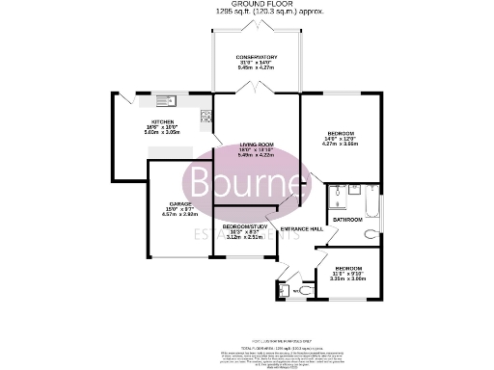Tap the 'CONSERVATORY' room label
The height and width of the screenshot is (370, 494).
point(257,59)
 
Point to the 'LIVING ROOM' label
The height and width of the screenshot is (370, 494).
point(258,145)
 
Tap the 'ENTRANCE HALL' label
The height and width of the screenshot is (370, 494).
point(301,228)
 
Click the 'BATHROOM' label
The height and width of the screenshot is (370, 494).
point(347,220)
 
